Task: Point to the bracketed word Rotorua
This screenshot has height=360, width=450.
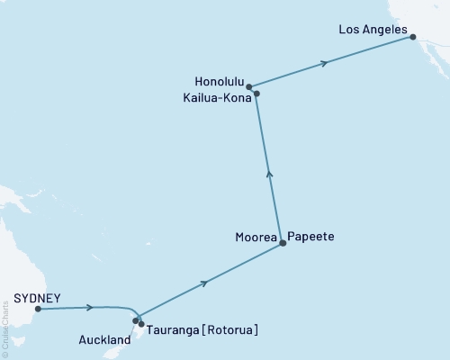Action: pos(232,330)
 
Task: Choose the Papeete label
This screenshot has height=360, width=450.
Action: pos(310,236)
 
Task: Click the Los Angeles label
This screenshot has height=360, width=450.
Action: pos(373,29)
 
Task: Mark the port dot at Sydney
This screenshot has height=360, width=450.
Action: pos(38,309)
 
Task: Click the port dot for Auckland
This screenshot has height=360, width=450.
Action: pos(136,319)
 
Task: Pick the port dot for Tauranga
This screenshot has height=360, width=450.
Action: pos(141,323)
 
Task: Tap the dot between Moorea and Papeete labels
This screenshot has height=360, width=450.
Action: pos(283,243)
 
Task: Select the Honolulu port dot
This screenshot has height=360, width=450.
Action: pos(248,86)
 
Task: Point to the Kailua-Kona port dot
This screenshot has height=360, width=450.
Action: pos(256,93)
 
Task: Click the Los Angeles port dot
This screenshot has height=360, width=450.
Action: pos(413,36)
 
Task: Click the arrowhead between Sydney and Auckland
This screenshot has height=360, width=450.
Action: pos(89,308)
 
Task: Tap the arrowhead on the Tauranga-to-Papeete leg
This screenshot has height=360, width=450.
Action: pos(207,283)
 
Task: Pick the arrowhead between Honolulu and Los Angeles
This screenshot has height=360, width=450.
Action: pos(324,62)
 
